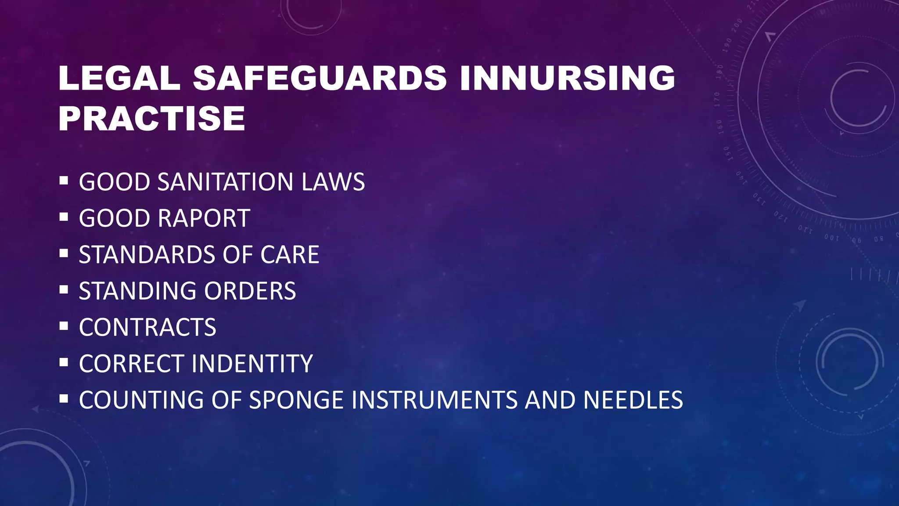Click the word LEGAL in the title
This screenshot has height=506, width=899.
pos(119,78)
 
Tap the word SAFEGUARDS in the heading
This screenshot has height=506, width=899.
pos(320,78)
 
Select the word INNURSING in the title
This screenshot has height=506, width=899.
pos(567,78)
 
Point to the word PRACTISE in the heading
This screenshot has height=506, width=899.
pos(151,119)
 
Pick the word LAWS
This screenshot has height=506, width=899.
pos(333,182)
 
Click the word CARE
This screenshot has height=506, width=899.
pos(290,255)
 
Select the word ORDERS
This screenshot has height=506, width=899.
pos(250,291)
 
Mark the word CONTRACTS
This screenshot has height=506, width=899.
pos(147,328)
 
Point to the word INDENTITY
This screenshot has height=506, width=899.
pos(252,364)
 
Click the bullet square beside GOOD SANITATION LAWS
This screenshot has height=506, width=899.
pos(64,180)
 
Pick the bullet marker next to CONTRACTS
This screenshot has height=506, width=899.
pos(64,326)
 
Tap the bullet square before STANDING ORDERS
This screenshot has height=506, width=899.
pos(64,289)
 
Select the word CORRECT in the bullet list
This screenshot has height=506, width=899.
pos(132,364)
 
